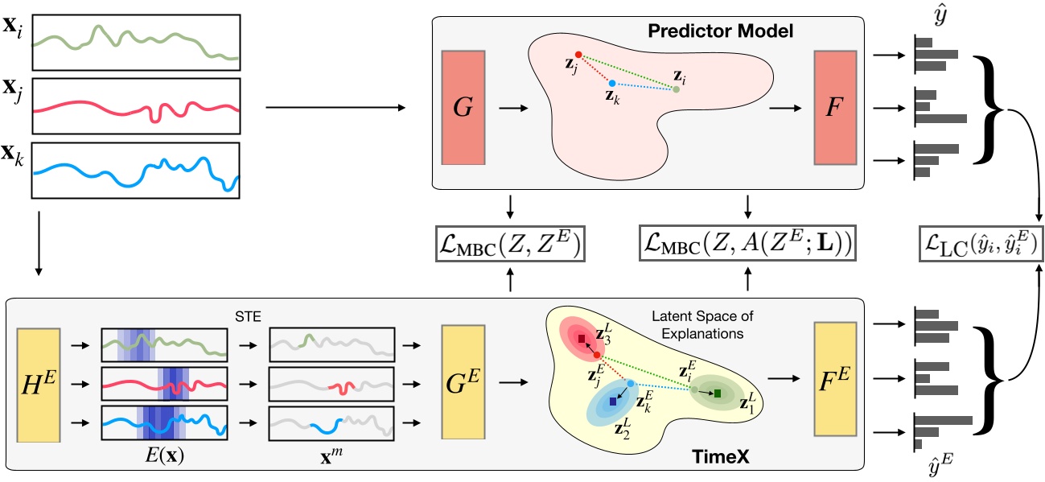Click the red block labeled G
[463, 108]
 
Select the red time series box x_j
[136, 105]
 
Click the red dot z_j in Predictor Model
[578, 55]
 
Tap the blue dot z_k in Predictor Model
[612, 83]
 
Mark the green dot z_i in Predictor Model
[676, 89]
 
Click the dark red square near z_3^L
[581, 340]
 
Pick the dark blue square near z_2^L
[614, 401]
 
